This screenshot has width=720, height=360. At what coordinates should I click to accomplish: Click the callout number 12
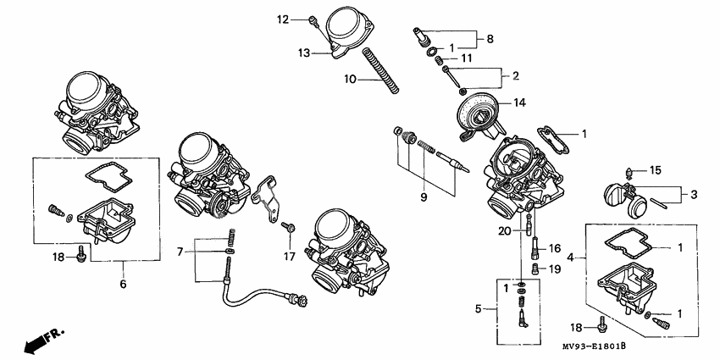click(x=283, y=18)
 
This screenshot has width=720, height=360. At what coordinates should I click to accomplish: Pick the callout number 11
click(x=467, y=58)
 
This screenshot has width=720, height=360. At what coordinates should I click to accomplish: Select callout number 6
click(x=123, y=284)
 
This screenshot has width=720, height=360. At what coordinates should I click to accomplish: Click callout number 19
click(x=557, y=269)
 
